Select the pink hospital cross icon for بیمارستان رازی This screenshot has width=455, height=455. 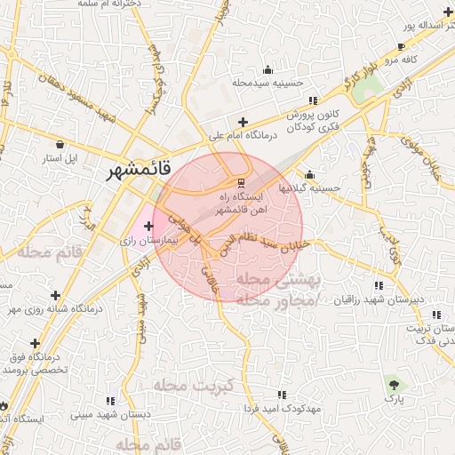coord(148,227)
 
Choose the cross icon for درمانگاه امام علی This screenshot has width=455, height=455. coord(243,122)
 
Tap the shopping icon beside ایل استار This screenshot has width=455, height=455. coord(60,144)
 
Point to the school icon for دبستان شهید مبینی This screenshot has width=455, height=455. coord(109,401)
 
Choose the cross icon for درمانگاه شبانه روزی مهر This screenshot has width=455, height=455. coord(56,294)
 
